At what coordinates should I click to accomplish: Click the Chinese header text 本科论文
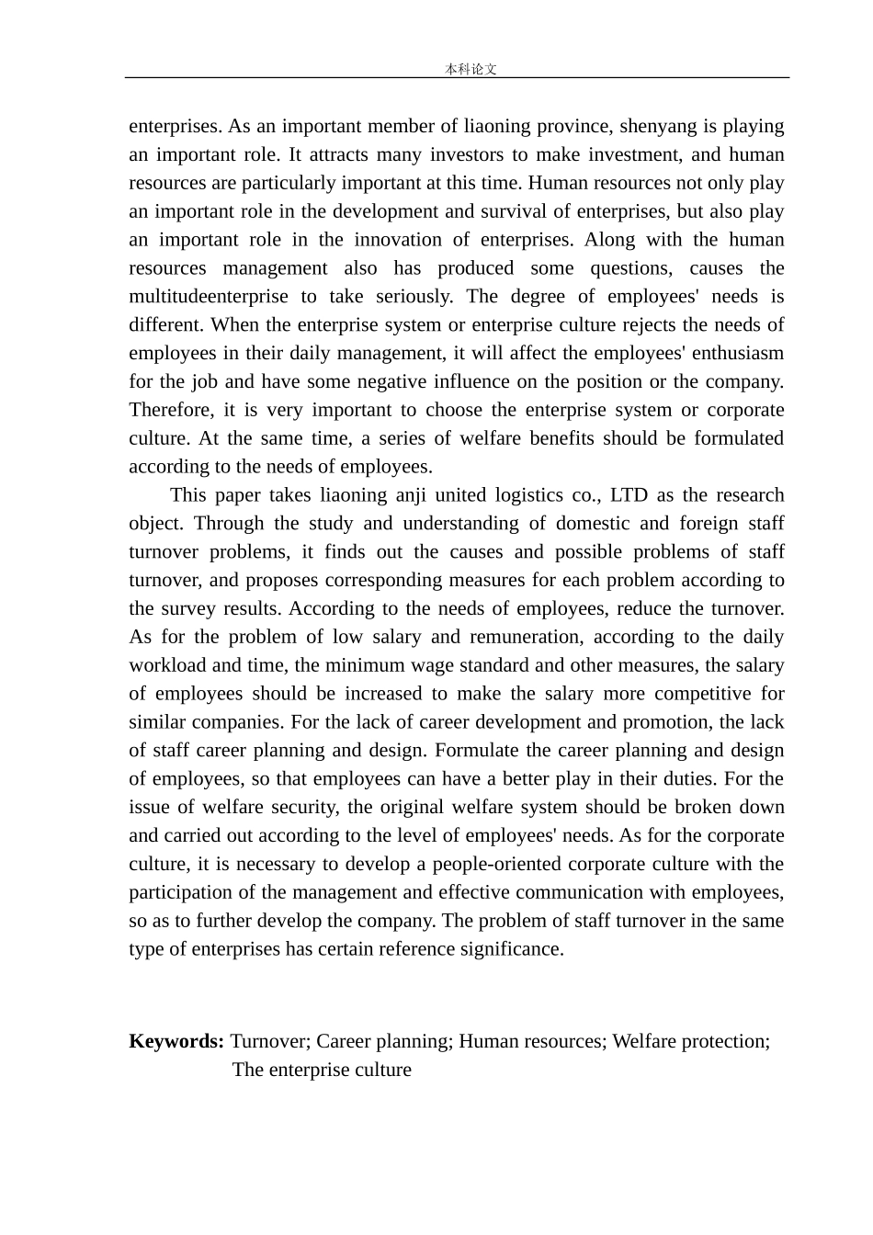click(471, 69)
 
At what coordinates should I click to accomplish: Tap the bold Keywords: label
click(176, 1041)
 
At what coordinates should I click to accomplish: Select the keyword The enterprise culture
click(322, 1070)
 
